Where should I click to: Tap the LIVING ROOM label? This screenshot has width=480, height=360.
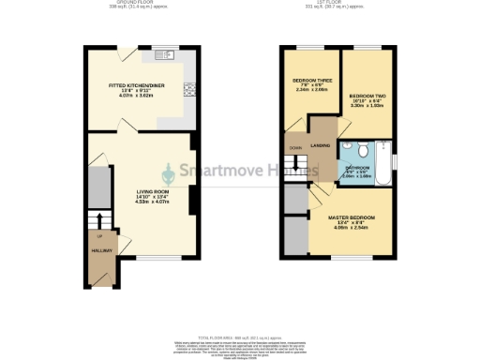pyautogui.click(x=138, y=191)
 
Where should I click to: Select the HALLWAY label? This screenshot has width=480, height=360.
pyautogui.click(x=102, y=251)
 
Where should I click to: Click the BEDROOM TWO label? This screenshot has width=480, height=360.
pyautogui.click(x=368, y=97)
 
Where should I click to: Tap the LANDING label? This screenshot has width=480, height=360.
pyautogui.click(x=321, y=145)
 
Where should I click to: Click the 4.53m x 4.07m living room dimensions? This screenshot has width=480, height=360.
pyautogui.click(x=137, y=202)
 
